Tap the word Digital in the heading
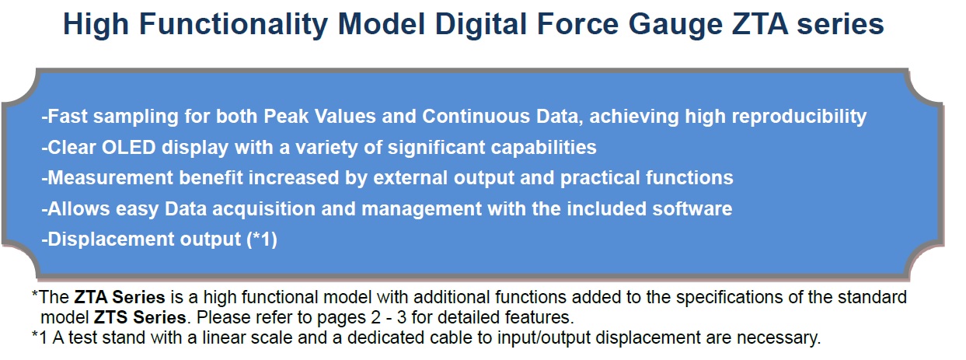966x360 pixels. tap(481, 24)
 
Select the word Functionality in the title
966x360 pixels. tap(233, 24)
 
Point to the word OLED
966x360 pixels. tap(128, 147)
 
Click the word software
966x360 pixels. tap(692, 208)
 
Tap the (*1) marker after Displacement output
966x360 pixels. tap(261, 239)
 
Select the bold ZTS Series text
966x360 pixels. tap(140, 317)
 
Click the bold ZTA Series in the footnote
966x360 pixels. tap(120, 297)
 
